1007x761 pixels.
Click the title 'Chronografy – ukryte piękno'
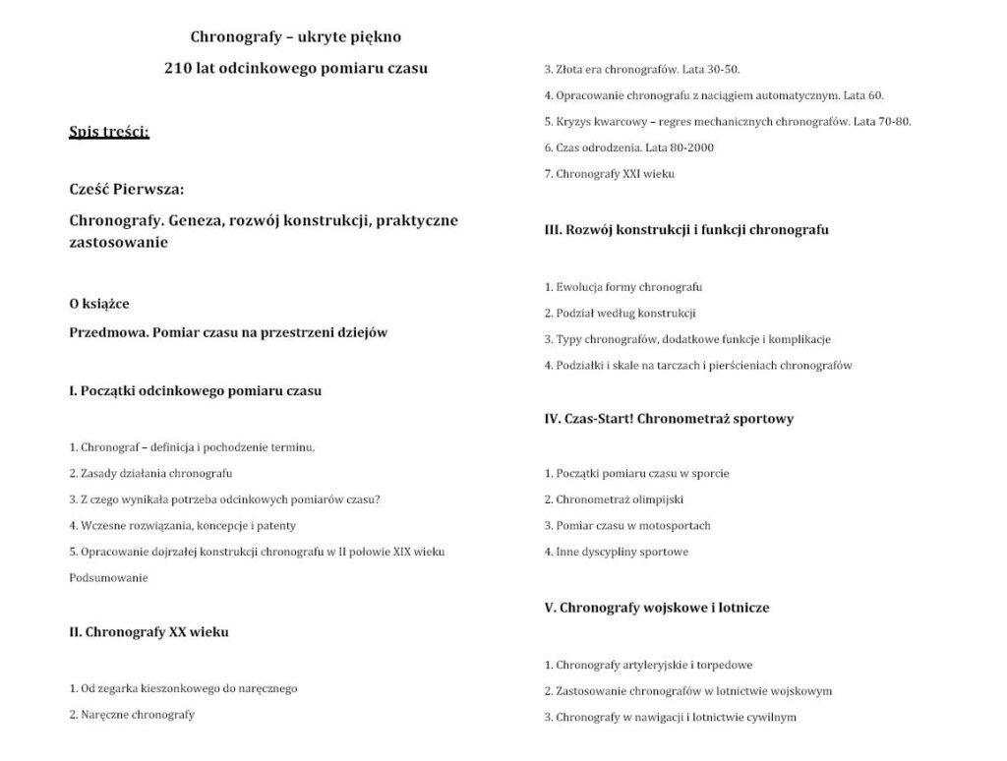tap(295, 37)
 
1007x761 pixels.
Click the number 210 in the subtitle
tap(178, 69)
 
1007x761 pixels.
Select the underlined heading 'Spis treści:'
tap(109, 133)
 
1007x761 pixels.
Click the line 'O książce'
tap(99, 303)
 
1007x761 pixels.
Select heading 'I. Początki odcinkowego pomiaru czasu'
tap(195, 390)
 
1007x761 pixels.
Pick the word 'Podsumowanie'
tap(108, 578)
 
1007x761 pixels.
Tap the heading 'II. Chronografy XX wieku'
tap(148, 632)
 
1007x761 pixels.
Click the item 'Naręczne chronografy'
tap(132, 715)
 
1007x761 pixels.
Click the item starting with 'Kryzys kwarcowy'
tap(728, 122)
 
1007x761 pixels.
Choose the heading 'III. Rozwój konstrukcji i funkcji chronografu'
tap(686, 230)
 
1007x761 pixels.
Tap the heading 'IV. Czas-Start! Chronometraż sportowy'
tap(669, 419)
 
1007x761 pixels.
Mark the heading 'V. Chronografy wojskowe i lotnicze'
tap(657, 608)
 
